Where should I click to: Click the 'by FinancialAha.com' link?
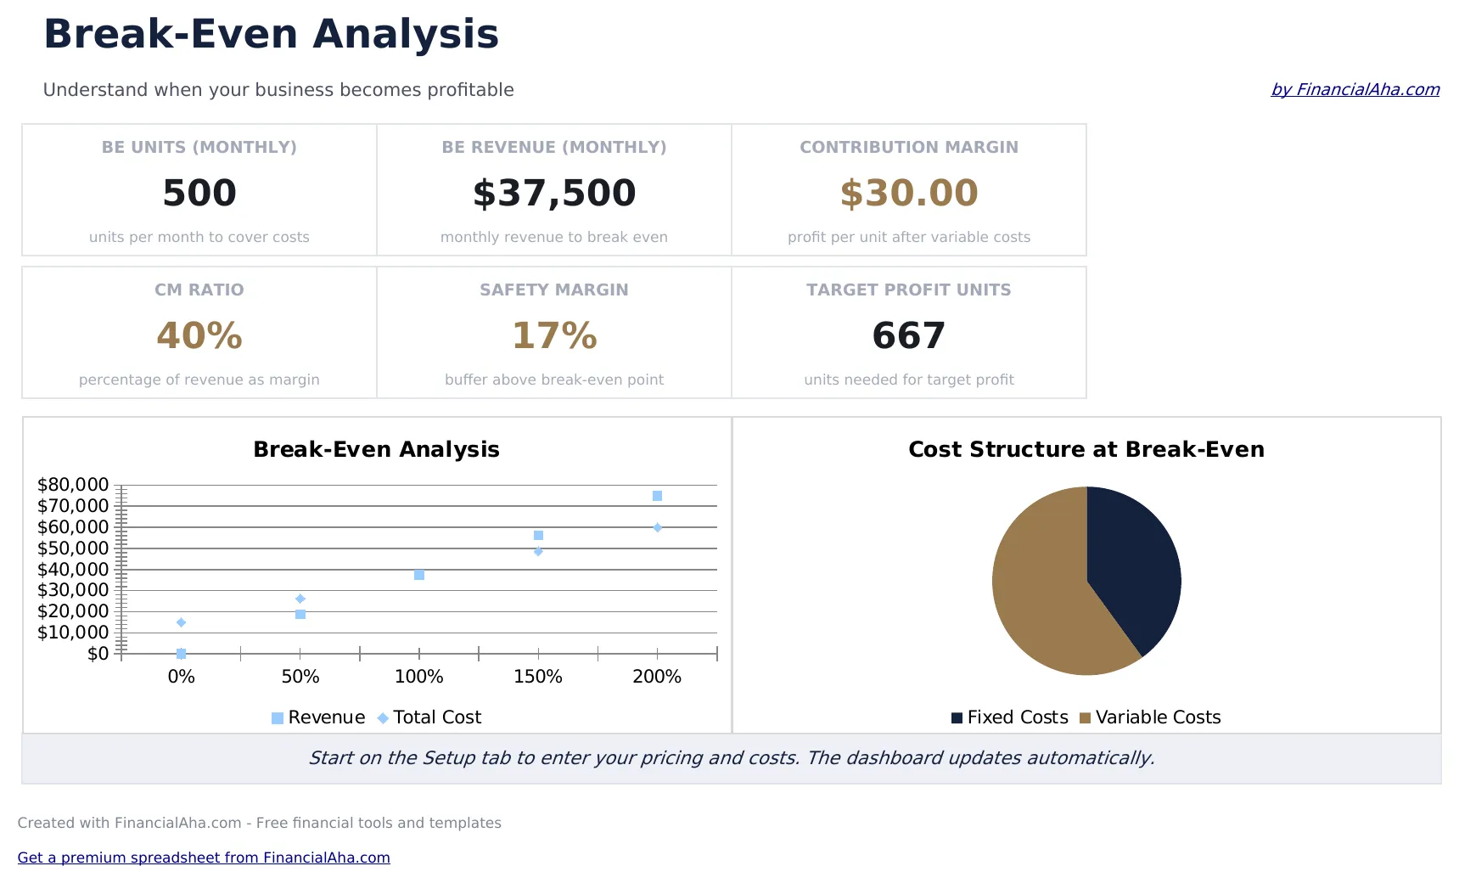point(1355,89)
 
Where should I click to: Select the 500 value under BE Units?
point(199,193)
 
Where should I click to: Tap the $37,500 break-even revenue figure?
point(554,193)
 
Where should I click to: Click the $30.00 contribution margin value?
point(909,193)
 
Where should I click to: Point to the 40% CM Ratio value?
point(199,335)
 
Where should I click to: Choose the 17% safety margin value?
point(554,335)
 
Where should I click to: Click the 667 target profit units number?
point(909,335)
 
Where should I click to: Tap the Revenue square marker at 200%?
point(657,496)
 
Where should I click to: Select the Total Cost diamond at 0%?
point(181,622)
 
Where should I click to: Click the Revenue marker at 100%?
point(419,575)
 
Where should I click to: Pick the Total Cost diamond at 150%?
point(538,551)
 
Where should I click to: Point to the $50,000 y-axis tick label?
point(73,548)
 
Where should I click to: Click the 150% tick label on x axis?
point(538,677)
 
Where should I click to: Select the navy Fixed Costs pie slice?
point(1133,560)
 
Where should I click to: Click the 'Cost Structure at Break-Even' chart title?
point(1086,449)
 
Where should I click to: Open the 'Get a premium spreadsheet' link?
point(204,858)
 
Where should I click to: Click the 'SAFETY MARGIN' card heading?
point(554,290)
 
